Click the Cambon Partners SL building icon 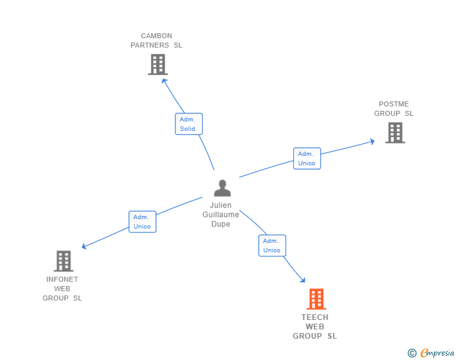click(x=158, y=64)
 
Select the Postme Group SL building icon click(x=395, y=132)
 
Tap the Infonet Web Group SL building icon click(x=63, y=260)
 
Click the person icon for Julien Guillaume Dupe click(x=222, y=188)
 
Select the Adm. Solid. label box click(x=189, y=124)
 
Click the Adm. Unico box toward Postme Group click(x=307, y=158)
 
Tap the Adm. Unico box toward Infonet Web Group click(x=142, y=222)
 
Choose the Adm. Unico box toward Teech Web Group click(x=272, y=245)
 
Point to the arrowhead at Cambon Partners click(x=164, y=80)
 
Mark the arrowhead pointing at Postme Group click(x=371, y=141)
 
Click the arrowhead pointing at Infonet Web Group click(x=85, y=247)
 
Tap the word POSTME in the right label click(x=394, y=104)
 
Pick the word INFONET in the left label click(x=62, y=279)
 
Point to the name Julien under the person click(x=221, y=205)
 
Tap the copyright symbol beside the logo click(x=412, y=353)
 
